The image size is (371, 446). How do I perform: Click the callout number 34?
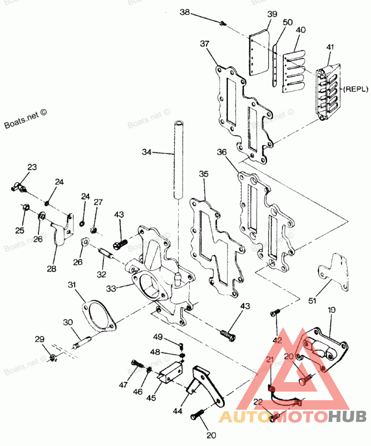[x=147, y=151]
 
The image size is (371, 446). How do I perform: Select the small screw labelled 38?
[x=223, y=22]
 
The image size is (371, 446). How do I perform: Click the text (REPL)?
[x=355, y=87]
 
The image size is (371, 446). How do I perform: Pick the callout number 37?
[x=205, y=44]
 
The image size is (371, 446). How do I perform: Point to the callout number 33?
[x=111, y=288]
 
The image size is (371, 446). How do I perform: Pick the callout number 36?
[x=222, y=152]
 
